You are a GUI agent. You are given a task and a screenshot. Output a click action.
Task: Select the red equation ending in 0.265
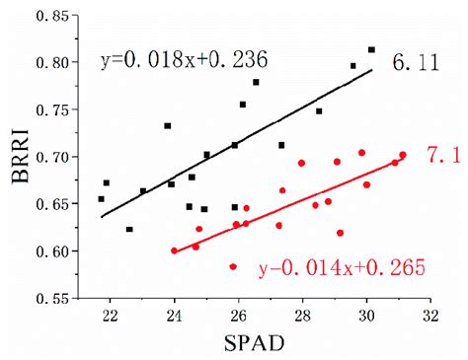328,267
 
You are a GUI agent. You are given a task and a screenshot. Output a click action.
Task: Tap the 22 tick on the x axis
110,315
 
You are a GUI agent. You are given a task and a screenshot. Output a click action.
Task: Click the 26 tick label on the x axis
238,315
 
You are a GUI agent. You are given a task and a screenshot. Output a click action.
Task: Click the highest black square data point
371,49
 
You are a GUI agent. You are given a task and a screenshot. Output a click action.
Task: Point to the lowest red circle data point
233,266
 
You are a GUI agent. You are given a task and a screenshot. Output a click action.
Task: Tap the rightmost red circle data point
402,155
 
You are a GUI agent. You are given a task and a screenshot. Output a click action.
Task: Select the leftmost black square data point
101,198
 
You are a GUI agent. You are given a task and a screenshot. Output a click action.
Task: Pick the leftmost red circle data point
175,251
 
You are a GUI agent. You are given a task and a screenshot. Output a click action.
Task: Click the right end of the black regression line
372,69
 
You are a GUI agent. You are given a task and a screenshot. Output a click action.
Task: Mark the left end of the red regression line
174,252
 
